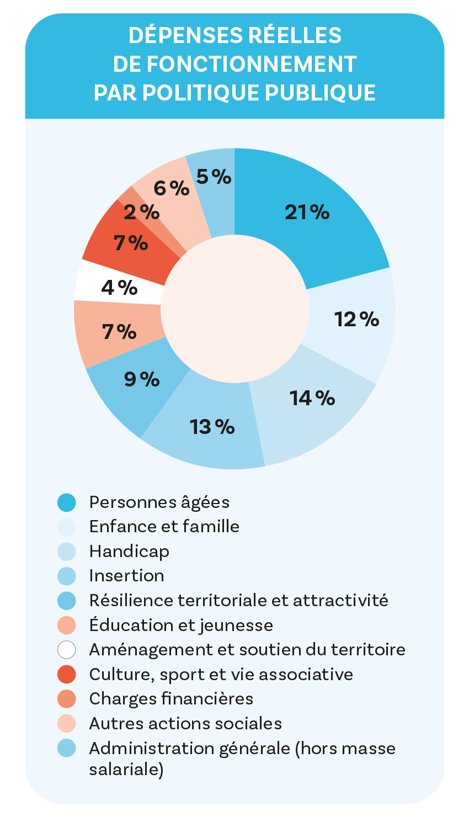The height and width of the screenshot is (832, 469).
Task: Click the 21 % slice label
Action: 307,212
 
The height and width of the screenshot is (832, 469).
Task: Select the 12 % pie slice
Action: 356,319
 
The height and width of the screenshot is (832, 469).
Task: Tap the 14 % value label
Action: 312,398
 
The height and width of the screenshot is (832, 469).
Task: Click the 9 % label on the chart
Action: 142,379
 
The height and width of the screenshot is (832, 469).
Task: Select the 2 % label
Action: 141,212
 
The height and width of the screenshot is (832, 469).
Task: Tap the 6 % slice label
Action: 171,189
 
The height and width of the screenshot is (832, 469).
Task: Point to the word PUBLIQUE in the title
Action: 320,93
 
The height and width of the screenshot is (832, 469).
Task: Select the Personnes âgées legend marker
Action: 66,502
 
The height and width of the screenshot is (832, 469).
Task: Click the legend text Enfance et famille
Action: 164,526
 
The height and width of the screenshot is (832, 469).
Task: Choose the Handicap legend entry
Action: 129,551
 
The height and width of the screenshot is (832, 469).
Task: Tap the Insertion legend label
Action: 126,575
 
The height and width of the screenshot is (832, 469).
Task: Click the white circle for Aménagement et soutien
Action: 66,649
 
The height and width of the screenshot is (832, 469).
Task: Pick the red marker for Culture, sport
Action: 66,674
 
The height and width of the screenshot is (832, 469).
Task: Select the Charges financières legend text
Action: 171,698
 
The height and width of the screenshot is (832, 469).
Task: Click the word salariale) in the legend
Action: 126,769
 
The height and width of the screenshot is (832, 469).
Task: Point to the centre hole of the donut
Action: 234,309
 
